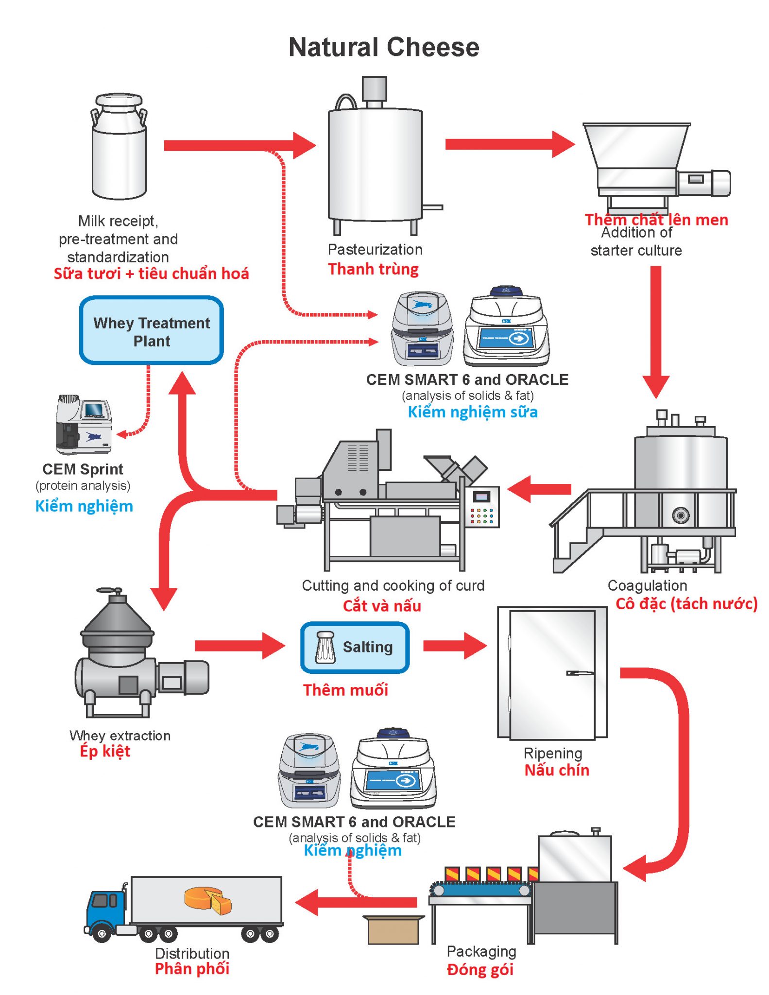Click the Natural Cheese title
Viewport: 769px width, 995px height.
[x=384, y=48]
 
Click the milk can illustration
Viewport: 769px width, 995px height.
[x=119, y=146]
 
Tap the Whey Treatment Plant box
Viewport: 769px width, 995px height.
[x=152, y=330]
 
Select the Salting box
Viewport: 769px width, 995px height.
[x=355, y=648]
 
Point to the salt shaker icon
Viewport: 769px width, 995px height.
[x=325, y=647]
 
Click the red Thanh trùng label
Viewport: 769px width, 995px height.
[x=373, y=269]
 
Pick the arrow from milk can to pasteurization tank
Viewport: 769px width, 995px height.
[x=240, y=146]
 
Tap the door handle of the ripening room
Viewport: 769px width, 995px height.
[x=580, y=673]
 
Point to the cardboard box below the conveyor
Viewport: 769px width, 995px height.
[x=393, y=930]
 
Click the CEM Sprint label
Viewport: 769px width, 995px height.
[x=83, y=469]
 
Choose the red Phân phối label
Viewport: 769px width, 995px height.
[x=192, y=969]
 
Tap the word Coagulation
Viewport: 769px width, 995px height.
[x=647, y=585]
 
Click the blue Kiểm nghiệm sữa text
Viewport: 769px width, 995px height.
[x=473, y=412]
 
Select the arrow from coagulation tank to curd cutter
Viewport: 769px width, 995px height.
[x=539, y=489]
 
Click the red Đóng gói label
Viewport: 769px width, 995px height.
[x=480, y=970]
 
